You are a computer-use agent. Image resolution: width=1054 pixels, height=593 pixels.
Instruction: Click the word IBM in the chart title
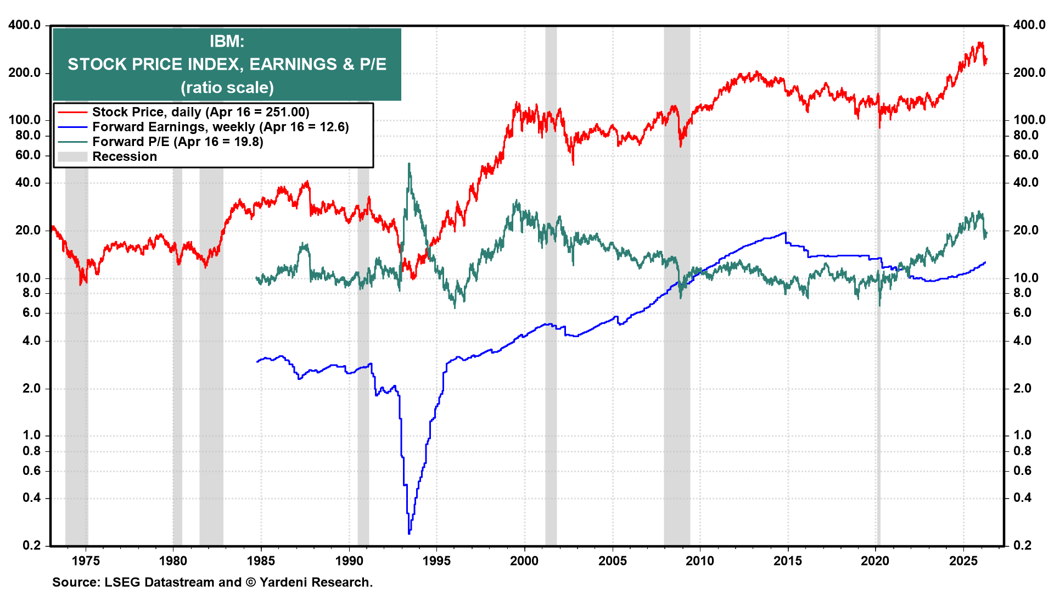(226, 41)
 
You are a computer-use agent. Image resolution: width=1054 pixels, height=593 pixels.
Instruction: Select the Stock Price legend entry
(200, 112)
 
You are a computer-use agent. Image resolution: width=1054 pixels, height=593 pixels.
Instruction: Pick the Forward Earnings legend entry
(220, 127)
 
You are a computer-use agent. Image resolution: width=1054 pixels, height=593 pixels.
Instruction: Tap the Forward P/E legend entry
(177, 142)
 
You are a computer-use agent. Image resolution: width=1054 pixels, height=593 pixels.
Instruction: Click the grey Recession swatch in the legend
(72, 156)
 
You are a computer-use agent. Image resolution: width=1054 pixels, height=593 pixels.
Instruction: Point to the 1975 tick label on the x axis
(86, 561)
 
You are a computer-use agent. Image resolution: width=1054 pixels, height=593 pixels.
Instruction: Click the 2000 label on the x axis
(524, 561)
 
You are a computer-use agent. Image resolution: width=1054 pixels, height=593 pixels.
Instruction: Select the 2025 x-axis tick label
(963, 561)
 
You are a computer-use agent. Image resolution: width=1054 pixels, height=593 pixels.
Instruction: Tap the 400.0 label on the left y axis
(25, 25)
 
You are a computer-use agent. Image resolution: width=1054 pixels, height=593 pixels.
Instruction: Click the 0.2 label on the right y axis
(1022, 545)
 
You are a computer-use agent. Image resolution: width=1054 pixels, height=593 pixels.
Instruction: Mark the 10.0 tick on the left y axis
(28, 278)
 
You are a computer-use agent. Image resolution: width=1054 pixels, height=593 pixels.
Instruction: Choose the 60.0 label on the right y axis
(1026, 155)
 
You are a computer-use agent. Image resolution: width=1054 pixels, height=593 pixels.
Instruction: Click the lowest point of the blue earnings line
(409, 533)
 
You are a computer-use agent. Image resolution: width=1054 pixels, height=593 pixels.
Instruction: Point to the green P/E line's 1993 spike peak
(409, 163)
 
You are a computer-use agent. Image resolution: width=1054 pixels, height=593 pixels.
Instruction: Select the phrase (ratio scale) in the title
(227, 87)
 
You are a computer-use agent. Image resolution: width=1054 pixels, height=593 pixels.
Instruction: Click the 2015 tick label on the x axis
(788, 561)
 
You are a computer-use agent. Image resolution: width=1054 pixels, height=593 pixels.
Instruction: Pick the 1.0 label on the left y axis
(32, 435)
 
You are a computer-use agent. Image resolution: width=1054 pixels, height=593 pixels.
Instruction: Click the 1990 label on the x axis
(349, 561)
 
